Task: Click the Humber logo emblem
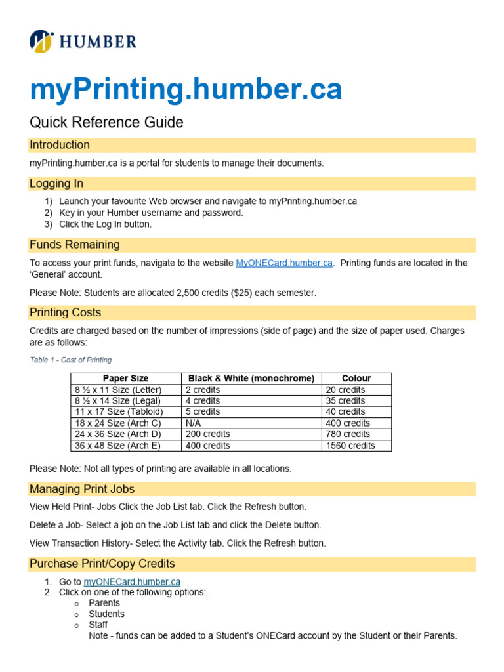pos(41,41)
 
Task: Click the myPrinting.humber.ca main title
pos(186,89)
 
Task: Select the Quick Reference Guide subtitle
pos(106,123)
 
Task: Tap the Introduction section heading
pos(60,145)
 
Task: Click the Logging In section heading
pos(56,184)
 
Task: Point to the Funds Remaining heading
pos(75,245)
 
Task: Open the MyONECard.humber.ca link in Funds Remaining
pos(284,263)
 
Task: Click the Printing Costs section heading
pos(66,313)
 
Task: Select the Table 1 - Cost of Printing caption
pos(71,360)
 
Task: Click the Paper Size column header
pos(125,379)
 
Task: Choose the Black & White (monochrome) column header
pos(251,379)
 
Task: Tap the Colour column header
pos(356,379)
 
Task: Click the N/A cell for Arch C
pos(194,423)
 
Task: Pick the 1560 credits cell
pos(350,446)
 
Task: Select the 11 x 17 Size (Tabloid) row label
pos(118,412)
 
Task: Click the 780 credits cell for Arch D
pos(348,434)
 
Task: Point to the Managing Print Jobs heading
pos(82,489)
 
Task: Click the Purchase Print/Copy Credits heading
pos(102,564)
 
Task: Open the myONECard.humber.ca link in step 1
pos(132,581)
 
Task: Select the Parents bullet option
pos(104,603)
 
